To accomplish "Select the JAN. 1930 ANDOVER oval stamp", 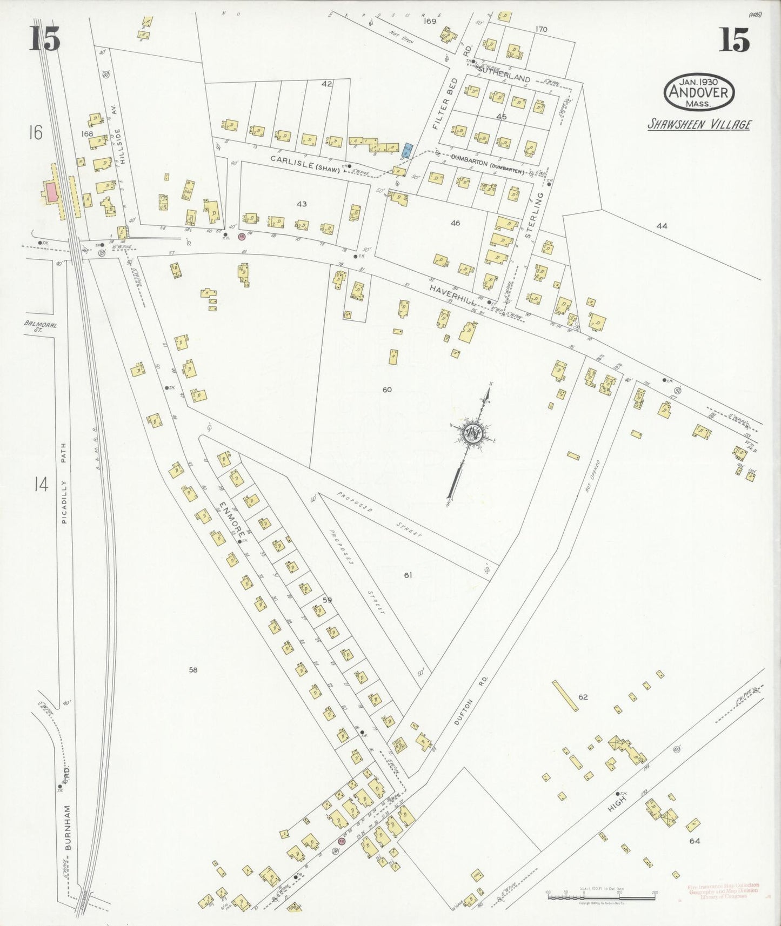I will pos(699,92).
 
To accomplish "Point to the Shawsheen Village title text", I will pos(699,125).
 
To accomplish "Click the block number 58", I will pos(193,670).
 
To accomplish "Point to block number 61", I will pos(408,575).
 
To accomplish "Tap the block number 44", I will pos(662,226).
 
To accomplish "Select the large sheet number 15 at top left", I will pos(44,38).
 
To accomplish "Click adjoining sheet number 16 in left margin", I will pos(36,132).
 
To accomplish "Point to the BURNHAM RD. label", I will pos(68,813).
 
